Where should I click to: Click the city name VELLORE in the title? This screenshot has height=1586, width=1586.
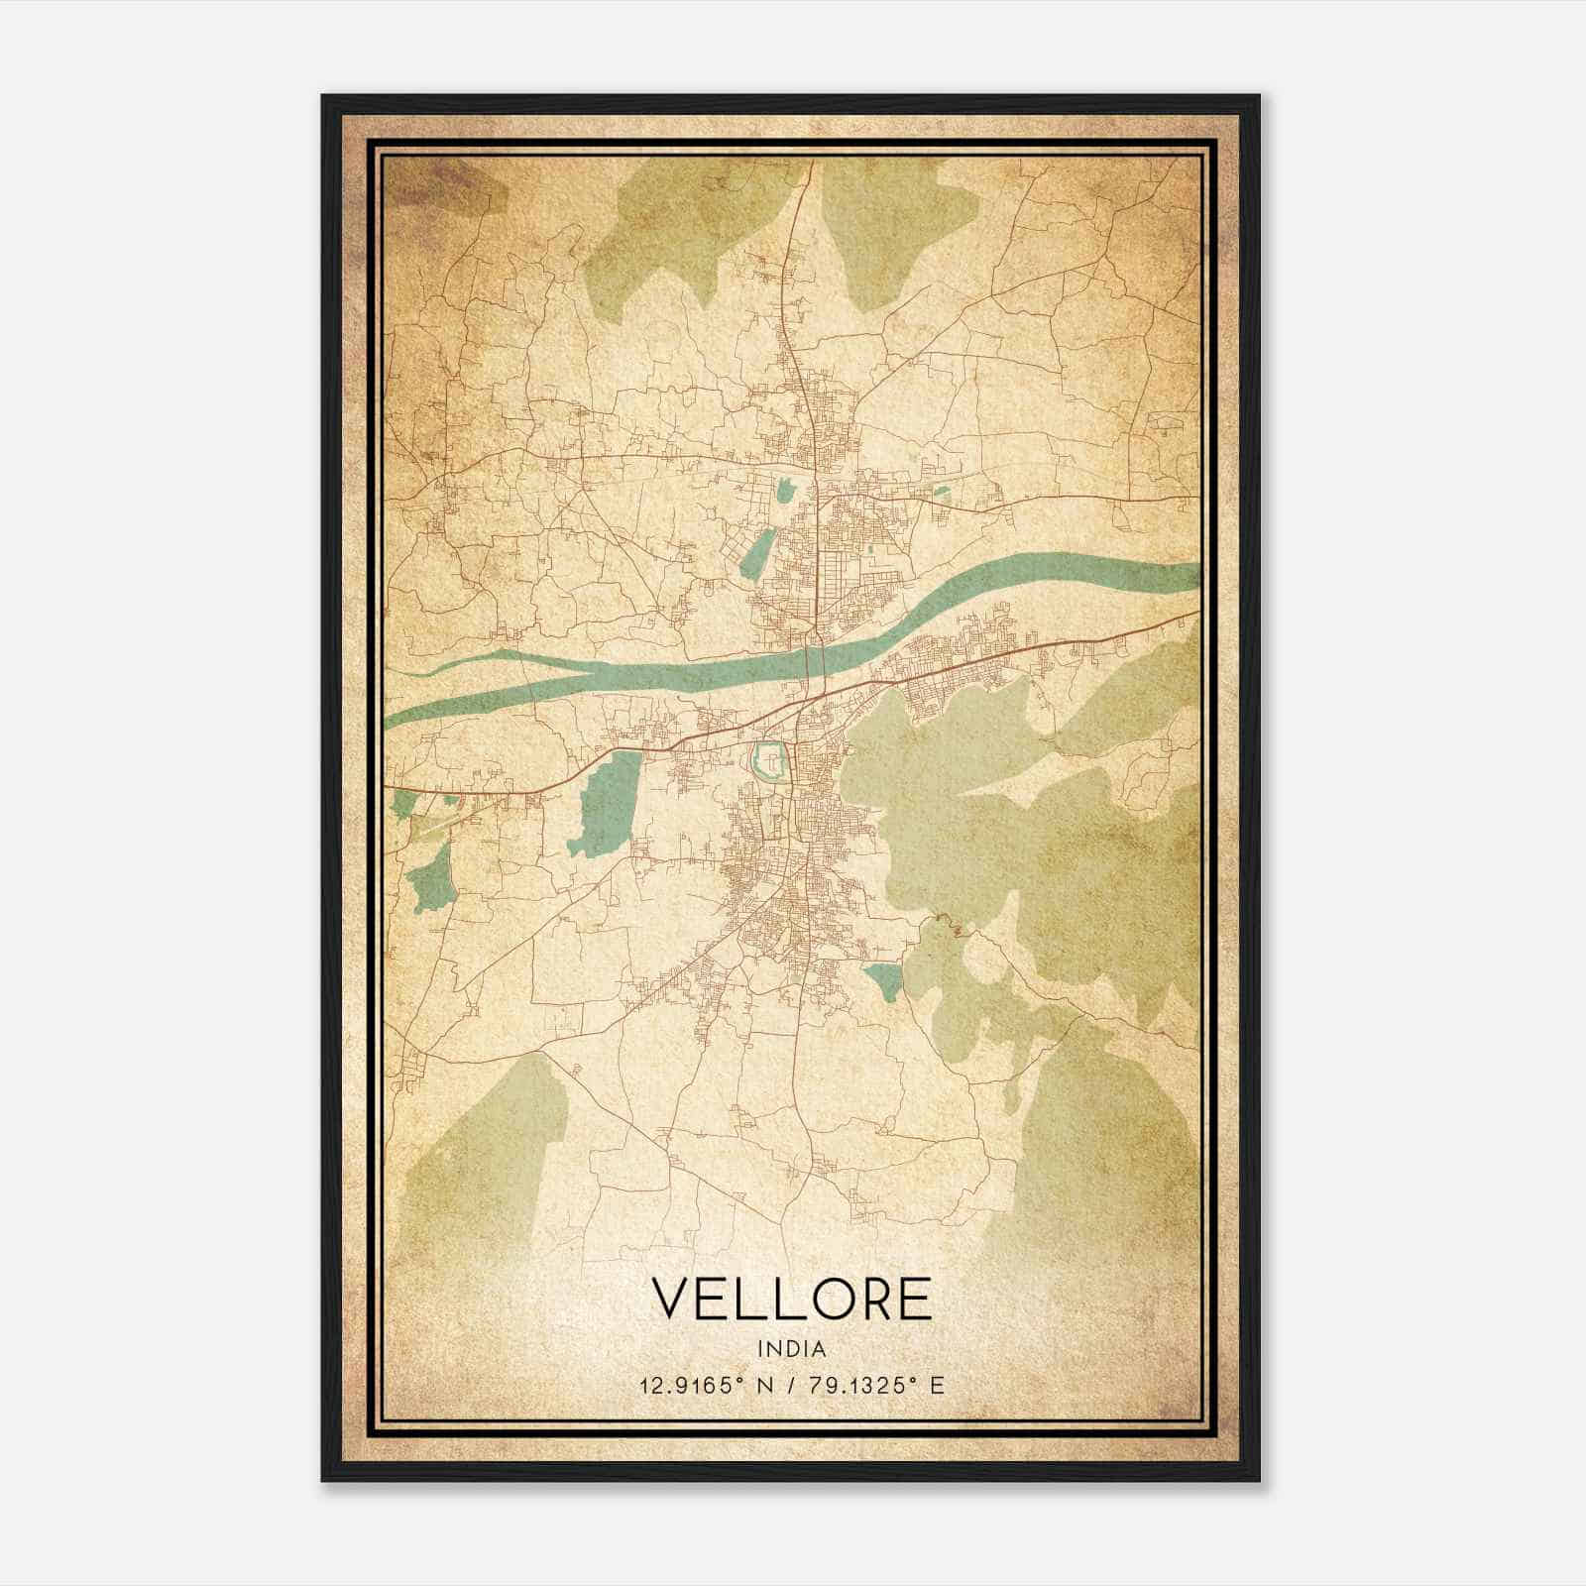point(792,1299)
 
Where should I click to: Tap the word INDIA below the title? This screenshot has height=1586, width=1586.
point(792,1349)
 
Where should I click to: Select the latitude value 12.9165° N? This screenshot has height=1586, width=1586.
point(705,1385)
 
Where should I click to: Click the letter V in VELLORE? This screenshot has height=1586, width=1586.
point(673,1299)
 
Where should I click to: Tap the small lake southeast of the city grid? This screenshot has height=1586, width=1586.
point(884,979)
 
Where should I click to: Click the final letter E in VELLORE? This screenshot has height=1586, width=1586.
point(916,1299)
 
